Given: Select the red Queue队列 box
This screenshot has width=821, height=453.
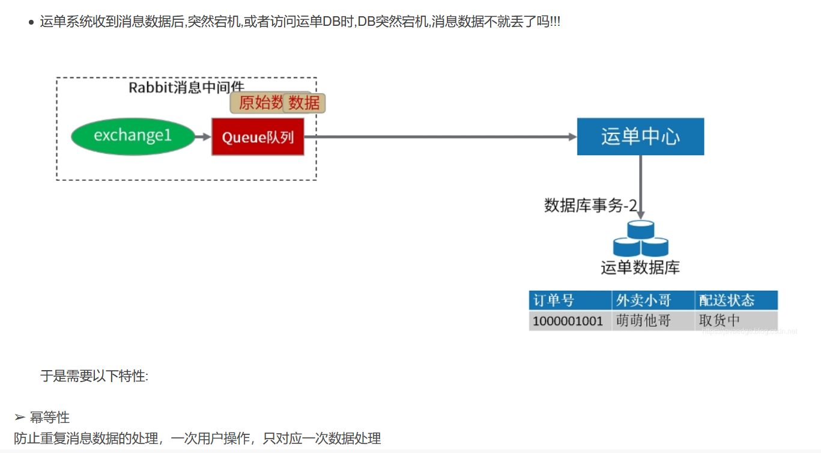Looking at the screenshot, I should tap(258, 137).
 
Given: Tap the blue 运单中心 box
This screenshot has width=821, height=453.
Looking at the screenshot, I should tap(640, 136).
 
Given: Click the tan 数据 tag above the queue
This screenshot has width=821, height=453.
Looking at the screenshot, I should tap(304, 103).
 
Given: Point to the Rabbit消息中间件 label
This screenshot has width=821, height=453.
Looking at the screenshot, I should tap(187, 88).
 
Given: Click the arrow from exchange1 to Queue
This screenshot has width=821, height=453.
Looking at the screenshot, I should tap(204, 137).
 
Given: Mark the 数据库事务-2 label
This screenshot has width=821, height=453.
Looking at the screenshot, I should tap(590, 205).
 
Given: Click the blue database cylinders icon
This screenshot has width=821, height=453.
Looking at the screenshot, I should tap(640, 239).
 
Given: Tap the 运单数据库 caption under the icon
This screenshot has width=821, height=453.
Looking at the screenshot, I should tap(640, 267).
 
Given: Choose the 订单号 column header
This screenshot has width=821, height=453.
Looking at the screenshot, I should tap(554, 300).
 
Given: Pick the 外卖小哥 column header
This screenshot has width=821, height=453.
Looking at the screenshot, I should tap(643, 300).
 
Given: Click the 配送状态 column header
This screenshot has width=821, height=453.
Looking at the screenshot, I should tap(727, 300).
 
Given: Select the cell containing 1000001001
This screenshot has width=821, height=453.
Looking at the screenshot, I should tap(568, 321).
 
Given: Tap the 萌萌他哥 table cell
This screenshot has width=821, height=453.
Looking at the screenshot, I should tap(643, 321).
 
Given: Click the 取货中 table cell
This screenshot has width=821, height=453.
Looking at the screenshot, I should tap(720, 321).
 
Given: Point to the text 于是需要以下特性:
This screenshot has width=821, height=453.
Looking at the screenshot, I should tap(94, 377).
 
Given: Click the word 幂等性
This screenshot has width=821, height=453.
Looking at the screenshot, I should tap(50, 418).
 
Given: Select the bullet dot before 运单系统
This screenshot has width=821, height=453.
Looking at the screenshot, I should tap(31, 23).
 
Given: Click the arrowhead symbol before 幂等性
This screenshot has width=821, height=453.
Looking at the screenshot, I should tap(20, 418).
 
